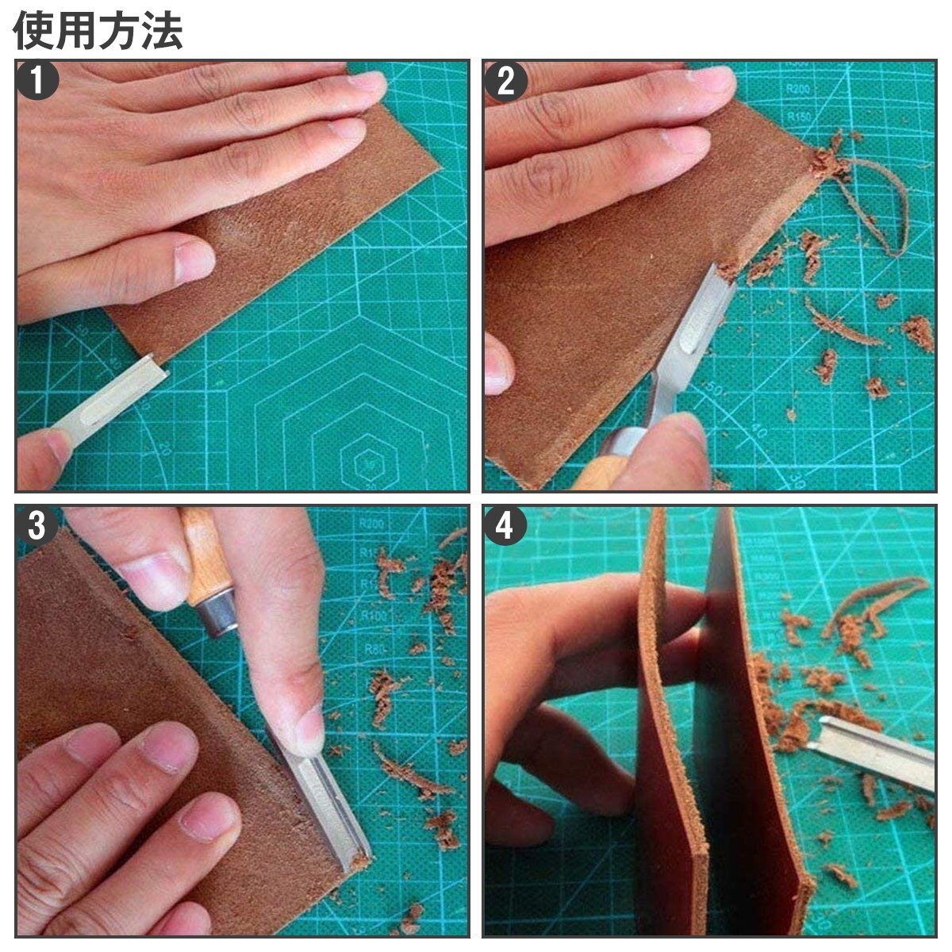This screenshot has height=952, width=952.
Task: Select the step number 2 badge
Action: pos(506,82)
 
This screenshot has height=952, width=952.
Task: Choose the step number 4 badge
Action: pos(506,524)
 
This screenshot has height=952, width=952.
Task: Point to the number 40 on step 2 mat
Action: pos(758,432)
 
